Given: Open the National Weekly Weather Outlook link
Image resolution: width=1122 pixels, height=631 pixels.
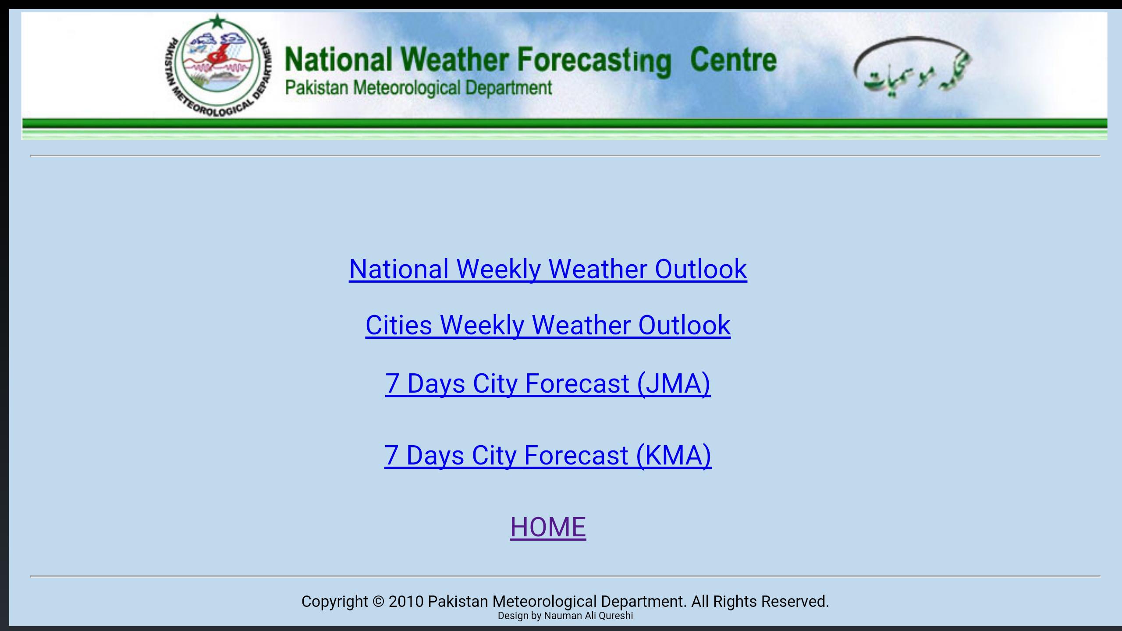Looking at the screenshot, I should click(548, 269).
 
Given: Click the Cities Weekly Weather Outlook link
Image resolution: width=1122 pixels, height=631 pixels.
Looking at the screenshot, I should click(548, 326).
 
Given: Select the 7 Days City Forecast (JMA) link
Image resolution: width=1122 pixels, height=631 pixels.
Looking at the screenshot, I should click(548, 384).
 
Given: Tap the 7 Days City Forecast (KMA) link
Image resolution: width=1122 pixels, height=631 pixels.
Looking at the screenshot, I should click(548, 456).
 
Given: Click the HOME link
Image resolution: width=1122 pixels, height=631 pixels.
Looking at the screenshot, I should click(548, 527).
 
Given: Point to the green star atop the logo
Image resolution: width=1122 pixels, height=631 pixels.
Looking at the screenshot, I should click(217, 21).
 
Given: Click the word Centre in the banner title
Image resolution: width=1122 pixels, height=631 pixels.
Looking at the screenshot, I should click(733, 60).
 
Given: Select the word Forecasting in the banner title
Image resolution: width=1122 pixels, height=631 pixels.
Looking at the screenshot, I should click(594, 61).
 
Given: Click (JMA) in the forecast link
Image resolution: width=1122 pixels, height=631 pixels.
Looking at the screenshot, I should click(674, 384).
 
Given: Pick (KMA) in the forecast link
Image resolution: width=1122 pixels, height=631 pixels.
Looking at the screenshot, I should click(674, 456).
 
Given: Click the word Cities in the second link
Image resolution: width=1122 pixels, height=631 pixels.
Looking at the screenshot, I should click(399, 326).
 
